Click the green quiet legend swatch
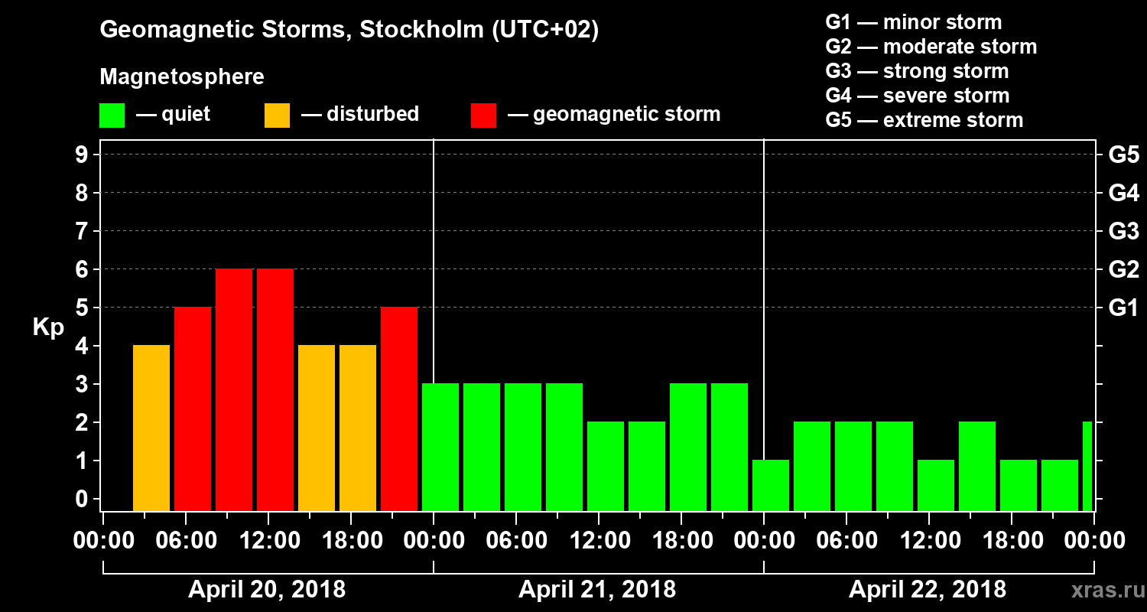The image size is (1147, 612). tap(112, 115)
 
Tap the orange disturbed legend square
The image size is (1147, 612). tap(277, 115)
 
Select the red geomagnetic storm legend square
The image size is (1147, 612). tap(483, 115)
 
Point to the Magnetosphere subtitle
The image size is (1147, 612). tap(182, 77)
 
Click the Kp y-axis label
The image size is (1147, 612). tap(48, 327)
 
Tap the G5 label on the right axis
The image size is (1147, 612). tap(1123, 155)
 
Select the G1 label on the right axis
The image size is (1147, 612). tap(1123, 308)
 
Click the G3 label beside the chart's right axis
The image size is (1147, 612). tap(1123, 232)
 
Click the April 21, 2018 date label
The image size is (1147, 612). tap(597, 590)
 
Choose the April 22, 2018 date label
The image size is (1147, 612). tap(928, 590)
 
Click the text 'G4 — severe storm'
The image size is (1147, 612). tap(917, 96)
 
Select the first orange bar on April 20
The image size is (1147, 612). tap(151, 428)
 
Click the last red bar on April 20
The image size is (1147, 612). tap(399, 409)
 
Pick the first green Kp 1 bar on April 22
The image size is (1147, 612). tap(771, 485)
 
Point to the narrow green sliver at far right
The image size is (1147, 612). tap(1087, 466)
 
